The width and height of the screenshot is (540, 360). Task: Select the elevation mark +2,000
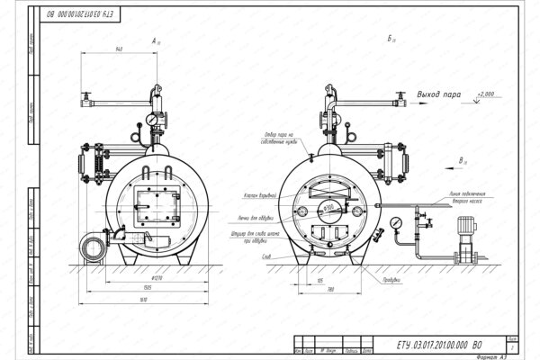(486, 93)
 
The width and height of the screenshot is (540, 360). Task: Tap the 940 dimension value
(118, 51)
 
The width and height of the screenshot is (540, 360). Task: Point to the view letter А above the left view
(155, 40)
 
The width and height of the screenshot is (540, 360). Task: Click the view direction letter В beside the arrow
(461, 159)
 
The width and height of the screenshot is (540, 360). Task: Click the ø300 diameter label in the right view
(330, 206)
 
